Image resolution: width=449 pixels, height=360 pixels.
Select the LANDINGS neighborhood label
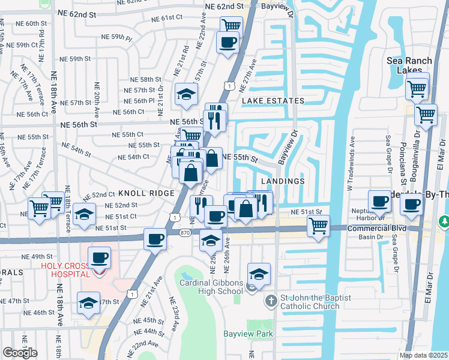(x=283, y=181)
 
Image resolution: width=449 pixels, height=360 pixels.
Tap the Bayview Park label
(x=248, y=334)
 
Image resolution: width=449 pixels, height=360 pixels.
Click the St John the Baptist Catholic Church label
(x=312, y=305)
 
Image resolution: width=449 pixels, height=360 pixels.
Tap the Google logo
(x=20, y=352)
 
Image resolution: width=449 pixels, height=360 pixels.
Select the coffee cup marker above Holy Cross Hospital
(x=100, y=258)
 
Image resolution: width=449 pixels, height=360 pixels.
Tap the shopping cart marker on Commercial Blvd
(x=318, y=226)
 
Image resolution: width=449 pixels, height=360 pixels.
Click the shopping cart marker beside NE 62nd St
(x=232, y=25)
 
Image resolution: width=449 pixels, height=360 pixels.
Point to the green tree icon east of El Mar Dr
(x=444, y=221)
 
